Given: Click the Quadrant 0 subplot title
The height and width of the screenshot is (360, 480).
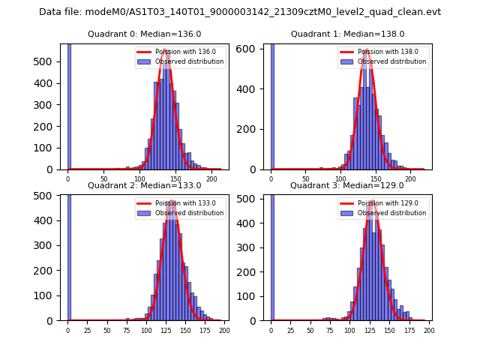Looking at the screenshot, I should point(144,34).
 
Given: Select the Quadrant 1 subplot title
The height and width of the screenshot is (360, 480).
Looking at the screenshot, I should point(347,34).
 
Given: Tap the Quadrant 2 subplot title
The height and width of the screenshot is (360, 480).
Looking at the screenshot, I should point(144,185).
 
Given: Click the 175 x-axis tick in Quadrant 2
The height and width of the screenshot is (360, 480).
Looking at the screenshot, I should point(204,331).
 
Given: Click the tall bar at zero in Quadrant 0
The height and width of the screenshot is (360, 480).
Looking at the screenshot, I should point(69,105).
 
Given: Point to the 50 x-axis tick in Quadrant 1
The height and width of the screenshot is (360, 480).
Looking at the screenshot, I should point(306,180).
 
